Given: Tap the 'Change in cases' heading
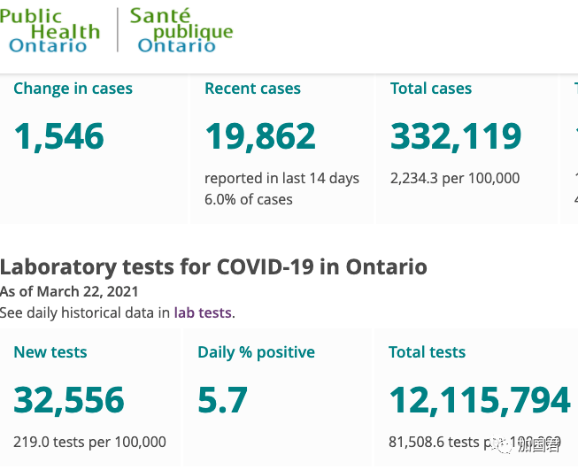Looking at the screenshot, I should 73,89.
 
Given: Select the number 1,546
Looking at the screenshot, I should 59,136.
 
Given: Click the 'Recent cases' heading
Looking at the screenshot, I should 252,89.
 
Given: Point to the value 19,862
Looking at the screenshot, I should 260,136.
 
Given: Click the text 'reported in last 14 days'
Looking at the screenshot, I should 281,178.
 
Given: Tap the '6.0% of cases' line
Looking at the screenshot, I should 248,199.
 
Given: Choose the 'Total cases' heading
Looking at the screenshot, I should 431,89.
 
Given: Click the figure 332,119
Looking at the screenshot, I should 456,136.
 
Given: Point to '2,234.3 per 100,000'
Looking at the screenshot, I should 455,178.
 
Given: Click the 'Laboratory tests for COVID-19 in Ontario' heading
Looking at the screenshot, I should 213,266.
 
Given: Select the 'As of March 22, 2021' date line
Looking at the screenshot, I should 69,291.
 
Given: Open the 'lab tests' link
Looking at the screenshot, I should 204,312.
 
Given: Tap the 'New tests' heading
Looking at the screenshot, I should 50,352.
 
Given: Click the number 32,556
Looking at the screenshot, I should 69,400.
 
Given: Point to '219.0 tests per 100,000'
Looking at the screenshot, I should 89,442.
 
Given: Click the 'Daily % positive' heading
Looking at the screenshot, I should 256,352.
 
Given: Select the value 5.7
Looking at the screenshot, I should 223,400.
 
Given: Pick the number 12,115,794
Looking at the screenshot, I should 480,400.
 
